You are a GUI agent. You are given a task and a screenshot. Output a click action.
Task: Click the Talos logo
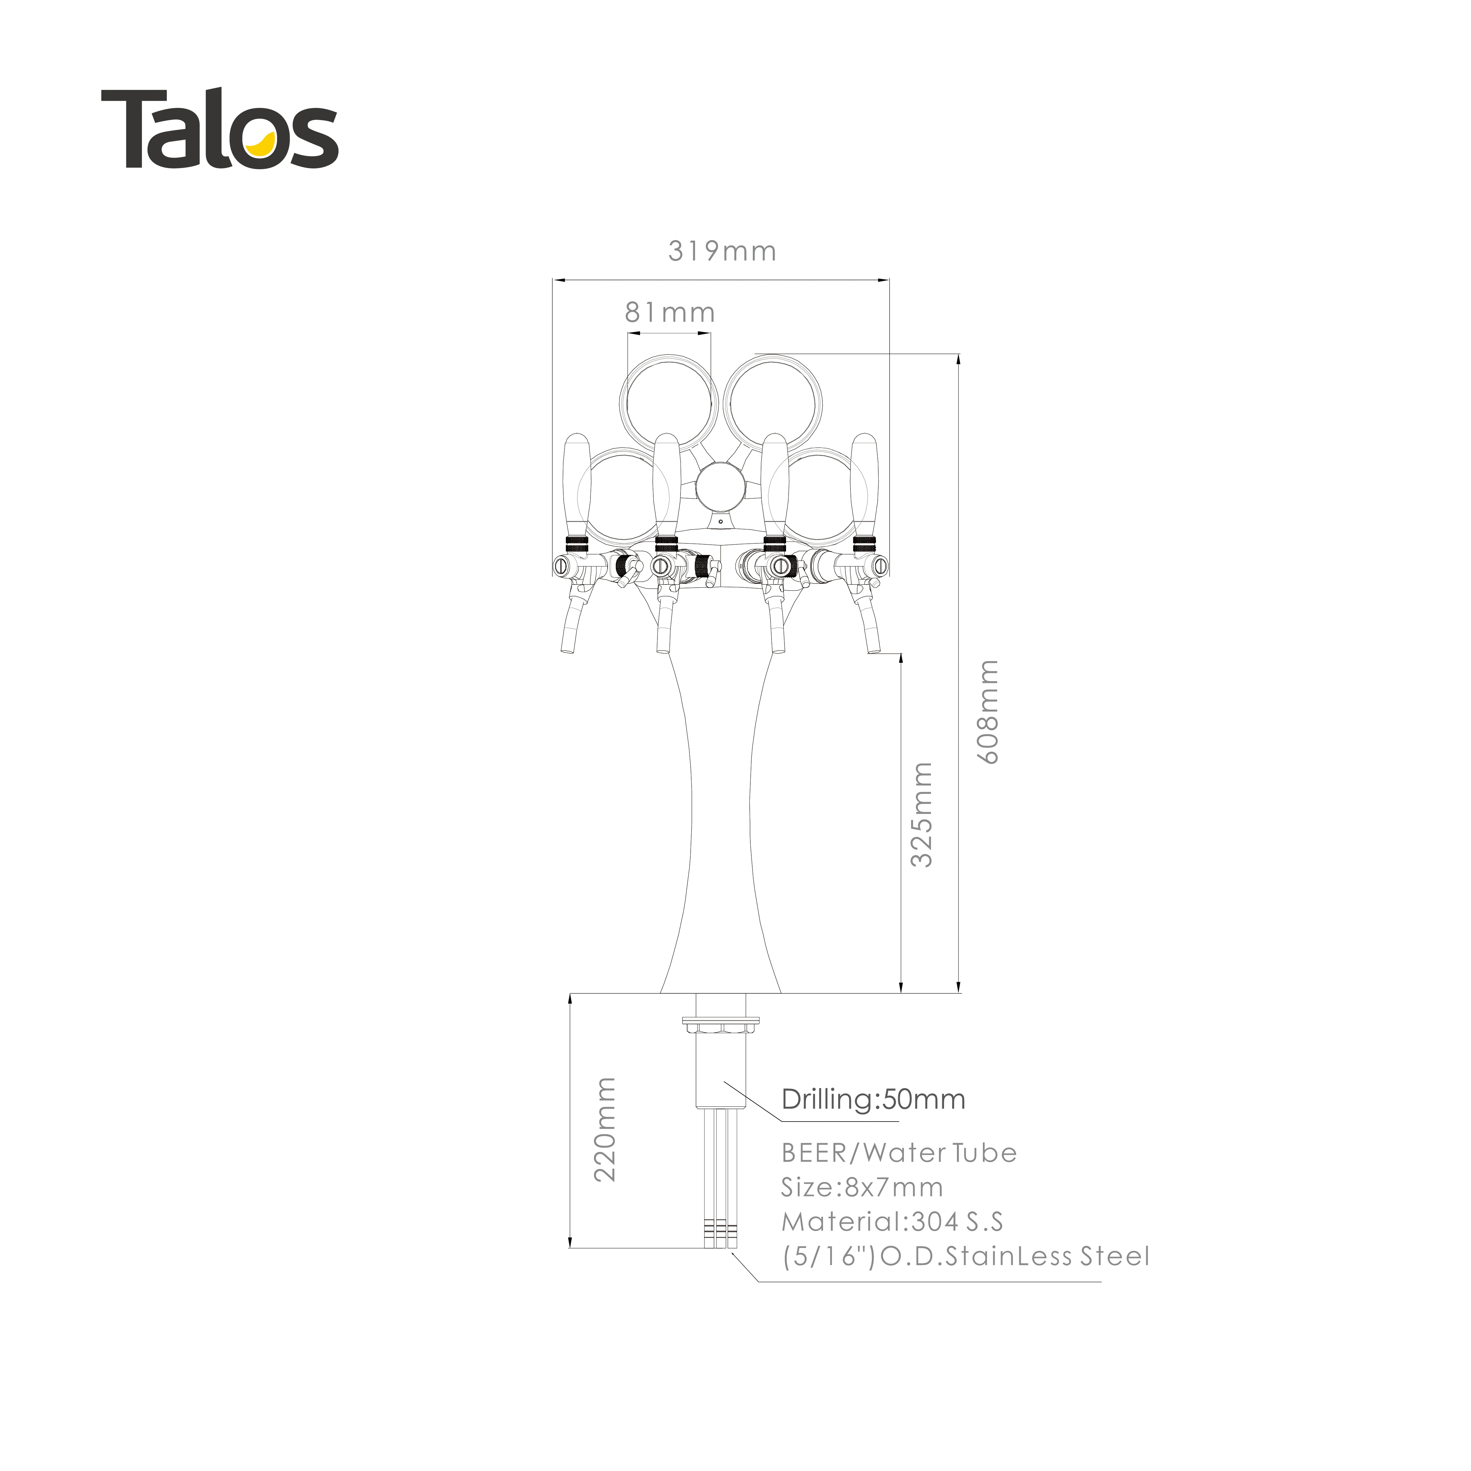tap(219, 128)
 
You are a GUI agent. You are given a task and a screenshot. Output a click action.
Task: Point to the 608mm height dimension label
tap(988, 712)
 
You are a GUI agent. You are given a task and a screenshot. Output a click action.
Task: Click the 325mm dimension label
tap(922, 815)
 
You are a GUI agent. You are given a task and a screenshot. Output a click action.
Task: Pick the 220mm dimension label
tap(604, 1129)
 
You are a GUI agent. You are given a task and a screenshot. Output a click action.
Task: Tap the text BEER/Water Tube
tap(899, 1153)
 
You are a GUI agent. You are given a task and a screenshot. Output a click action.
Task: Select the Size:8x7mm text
tap(862, 1187)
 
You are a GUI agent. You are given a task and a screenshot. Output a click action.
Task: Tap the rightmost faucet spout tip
tap(873, 649)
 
